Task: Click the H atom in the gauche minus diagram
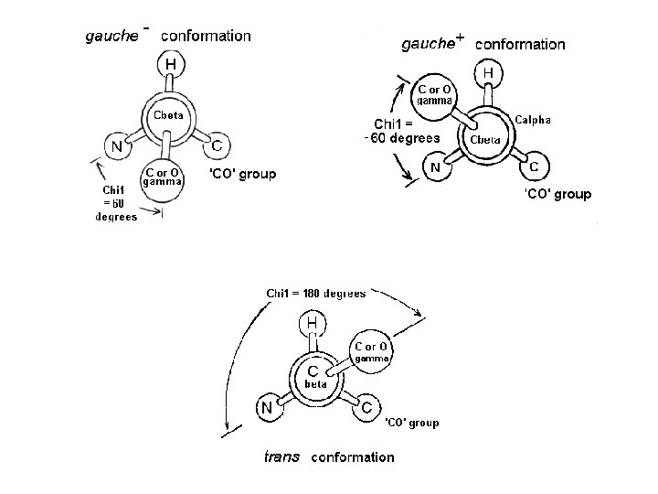[171, 64]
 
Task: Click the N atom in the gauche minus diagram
[116, 145]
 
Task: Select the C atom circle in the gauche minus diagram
[217, 145]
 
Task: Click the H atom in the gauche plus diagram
[489, 71]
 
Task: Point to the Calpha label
[533, 120]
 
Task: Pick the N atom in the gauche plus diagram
[437, 167]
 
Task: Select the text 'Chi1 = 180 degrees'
[315, 294]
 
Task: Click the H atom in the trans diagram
[313, 323]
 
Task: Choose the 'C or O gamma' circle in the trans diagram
[373, 352]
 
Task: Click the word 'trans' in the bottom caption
[281, 456]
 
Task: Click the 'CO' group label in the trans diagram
[411, 423]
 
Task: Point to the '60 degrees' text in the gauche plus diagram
[402, 138]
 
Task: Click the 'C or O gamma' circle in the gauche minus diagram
[163, 176]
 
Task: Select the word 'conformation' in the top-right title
[520, 44]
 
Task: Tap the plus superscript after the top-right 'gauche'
[460, 38]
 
